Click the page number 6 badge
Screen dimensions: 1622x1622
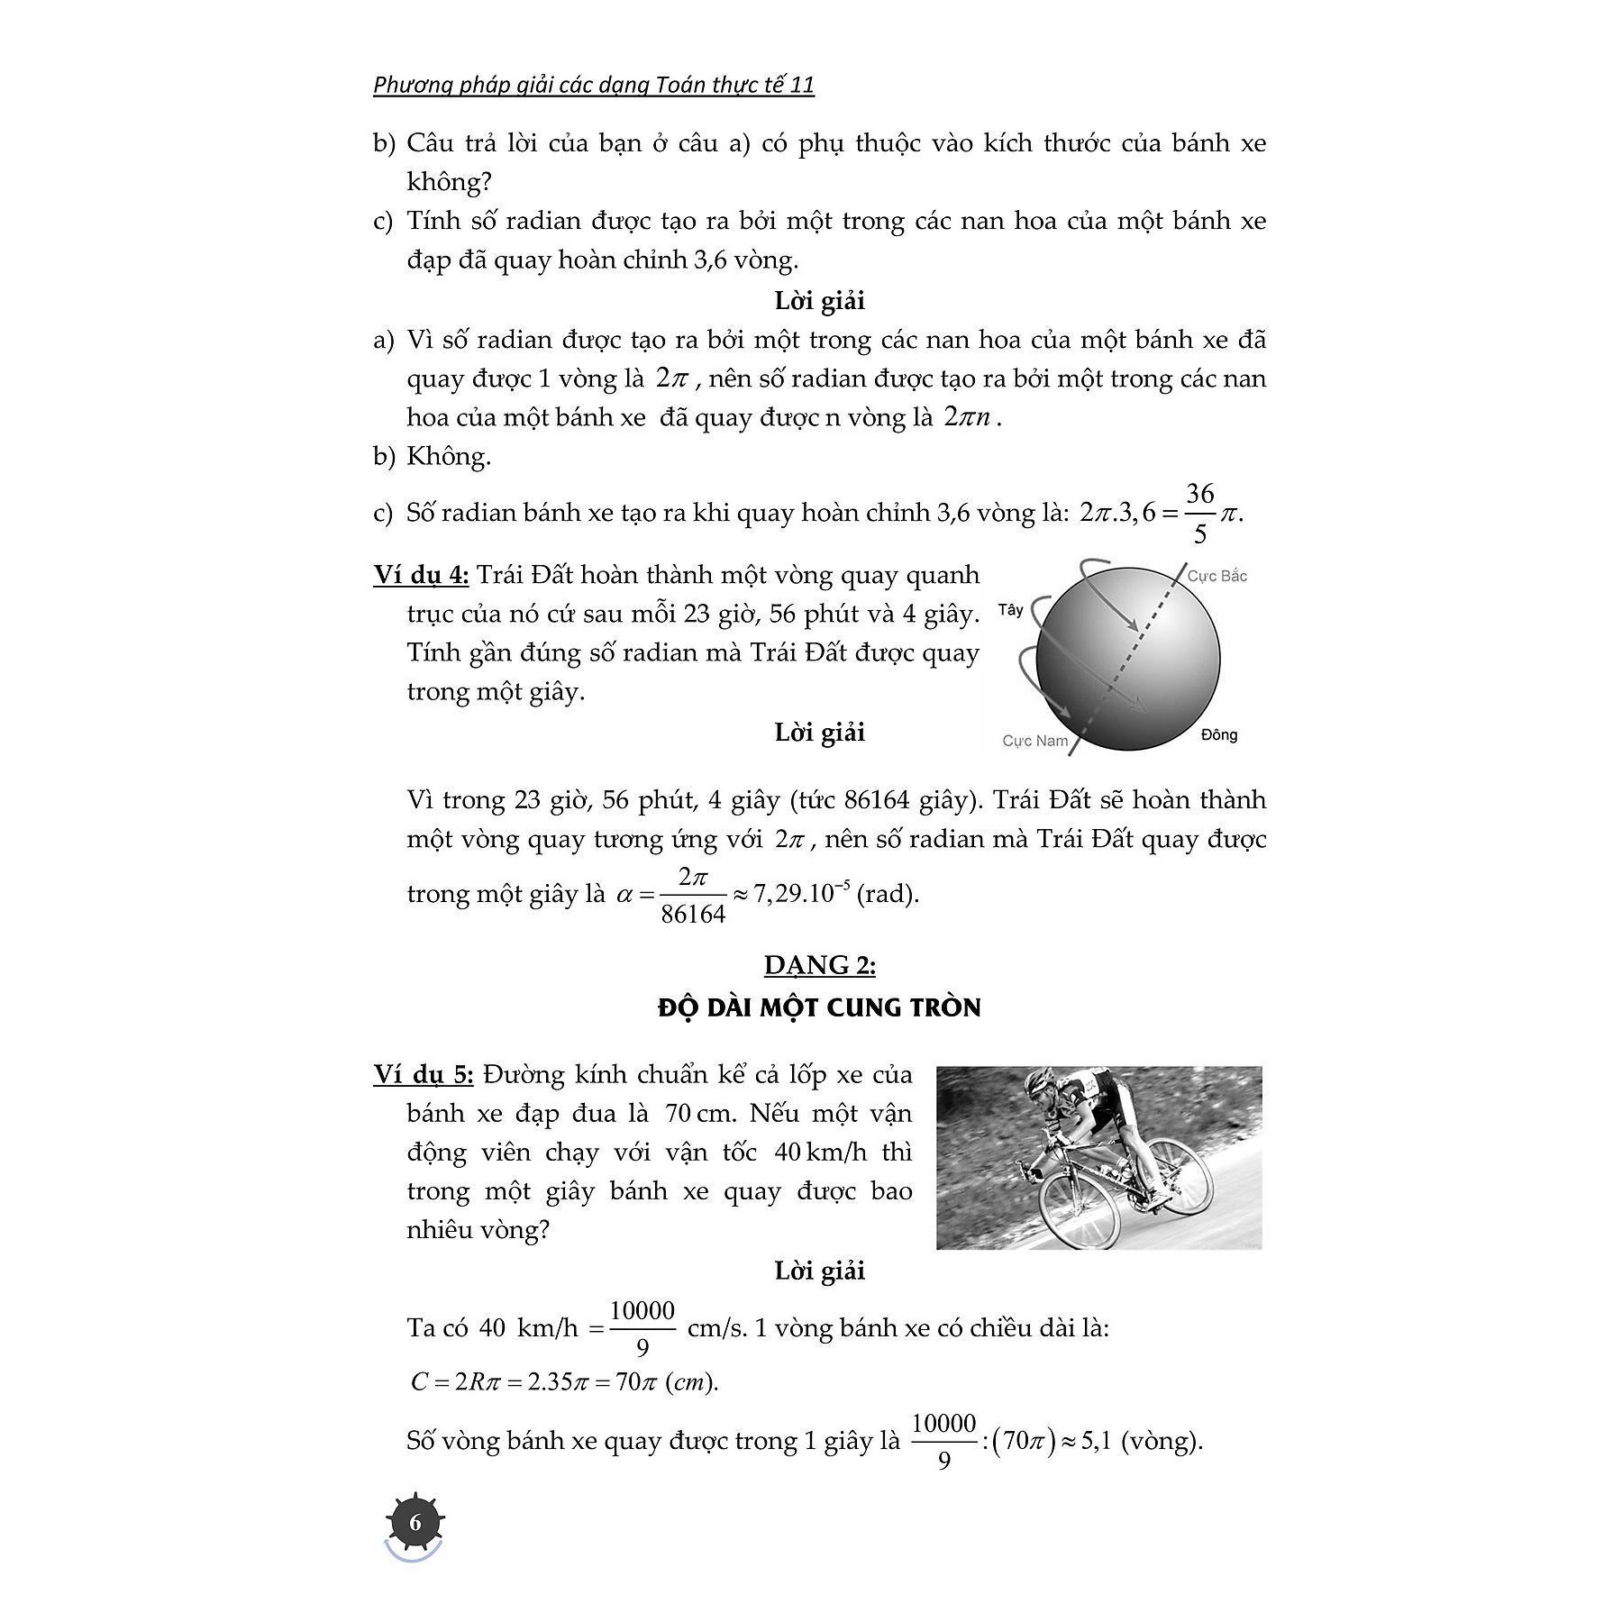click(415, 1523)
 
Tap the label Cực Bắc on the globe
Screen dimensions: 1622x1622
click(1216, 576)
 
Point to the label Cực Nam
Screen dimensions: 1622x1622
click(1034, 741)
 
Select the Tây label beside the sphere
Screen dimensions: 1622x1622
click(1010, 610)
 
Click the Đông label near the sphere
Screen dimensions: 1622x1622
click(1218, 734)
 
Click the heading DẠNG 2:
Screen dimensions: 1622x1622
click(819, 965)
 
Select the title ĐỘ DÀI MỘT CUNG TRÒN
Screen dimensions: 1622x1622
click(819, 1007)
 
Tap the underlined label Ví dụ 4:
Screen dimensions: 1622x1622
click(421, 575)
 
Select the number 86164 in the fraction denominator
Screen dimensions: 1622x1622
click(692, 915)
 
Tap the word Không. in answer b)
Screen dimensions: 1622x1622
click(449, 456)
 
